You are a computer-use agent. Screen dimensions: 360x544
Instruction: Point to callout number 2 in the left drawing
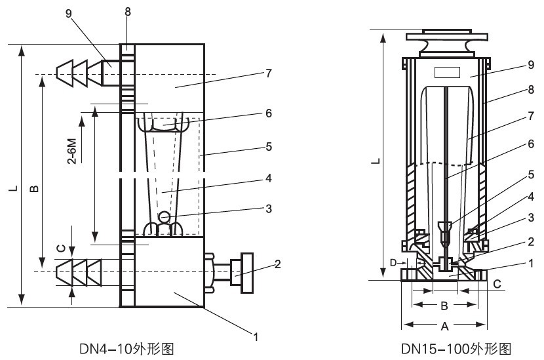(x=278, y=264)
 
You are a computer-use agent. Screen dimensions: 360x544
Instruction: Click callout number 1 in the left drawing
(x=256, y=337)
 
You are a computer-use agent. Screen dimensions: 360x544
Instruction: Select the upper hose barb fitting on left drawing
(x=78, y=73)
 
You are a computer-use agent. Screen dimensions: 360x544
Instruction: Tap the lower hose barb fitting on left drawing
(x=78, y=271)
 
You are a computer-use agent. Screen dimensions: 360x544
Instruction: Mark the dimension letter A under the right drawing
(x=445, y=326)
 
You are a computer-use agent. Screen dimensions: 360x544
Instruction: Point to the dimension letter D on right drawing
(x=393, y=263)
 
